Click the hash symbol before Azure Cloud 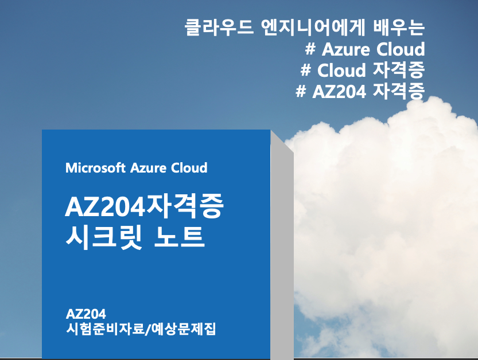click(310, 49)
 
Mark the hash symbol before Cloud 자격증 click(306, 70)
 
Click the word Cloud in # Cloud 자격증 click(341, 70)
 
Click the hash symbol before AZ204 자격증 click(301, 92)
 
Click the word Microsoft click(95, 168)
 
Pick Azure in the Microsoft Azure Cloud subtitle click(149, 168)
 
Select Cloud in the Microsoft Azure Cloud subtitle click(189, 168)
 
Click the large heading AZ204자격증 click(143, 208)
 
